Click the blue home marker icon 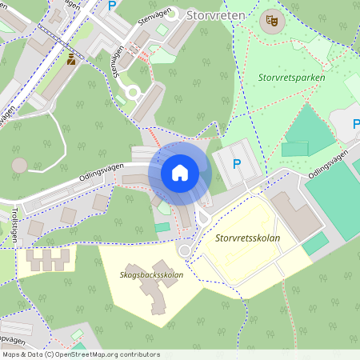tap(180, 173)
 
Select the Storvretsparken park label tap(290, 78)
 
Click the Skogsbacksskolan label tap(151, 275)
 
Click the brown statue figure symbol tap(71, 58)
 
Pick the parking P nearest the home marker tap(236, 163)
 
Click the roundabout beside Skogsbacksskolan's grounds tap(186, 250)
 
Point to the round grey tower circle tap(19, 165)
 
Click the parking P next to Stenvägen tap(112, 6)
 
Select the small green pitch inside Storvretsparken tap(294, 149)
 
